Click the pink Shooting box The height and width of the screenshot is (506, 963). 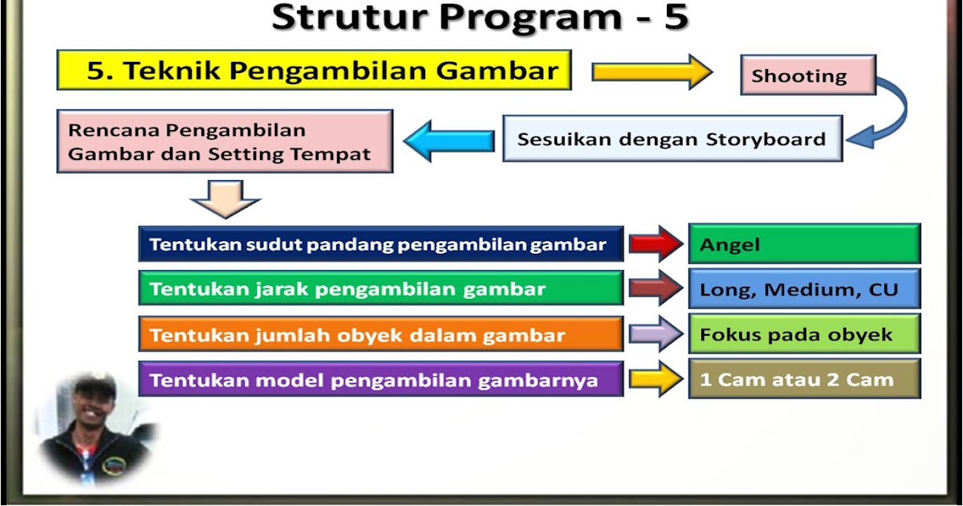click(807, 75)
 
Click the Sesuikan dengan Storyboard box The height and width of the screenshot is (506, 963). click(672, 139)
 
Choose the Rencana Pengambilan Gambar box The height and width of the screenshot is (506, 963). click(225, 141)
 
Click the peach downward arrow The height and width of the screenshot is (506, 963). click(225, 198)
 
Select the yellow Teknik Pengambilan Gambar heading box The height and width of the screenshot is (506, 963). click(314, 71)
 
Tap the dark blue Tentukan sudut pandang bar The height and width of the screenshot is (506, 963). click(380, 244)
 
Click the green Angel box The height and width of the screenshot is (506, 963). click(803, 244)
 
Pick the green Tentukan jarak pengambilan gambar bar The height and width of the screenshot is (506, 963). click(380, 289)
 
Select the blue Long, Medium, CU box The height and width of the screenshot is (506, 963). click(803, 289)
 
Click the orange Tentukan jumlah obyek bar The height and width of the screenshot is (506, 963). click(380, 334)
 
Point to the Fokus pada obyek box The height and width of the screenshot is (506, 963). click(803, 334)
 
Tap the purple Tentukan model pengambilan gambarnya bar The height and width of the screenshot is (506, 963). click(380, 379)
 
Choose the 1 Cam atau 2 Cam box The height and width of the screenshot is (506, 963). click(803, 379)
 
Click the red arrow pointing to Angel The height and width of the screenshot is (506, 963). click(655, 244)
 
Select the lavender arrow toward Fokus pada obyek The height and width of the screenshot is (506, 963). click(655, 334)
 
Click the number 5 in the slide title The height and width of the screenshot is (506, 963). click(676, 18)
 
